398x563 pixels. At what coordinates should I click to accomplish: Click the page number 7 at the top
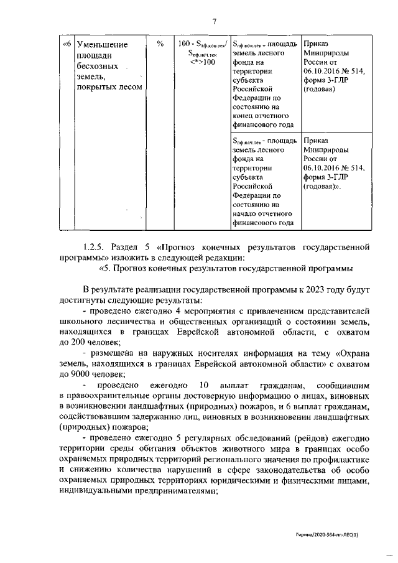(213, 23)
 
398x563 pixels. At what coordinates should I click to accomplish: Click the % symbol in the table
(160, 44)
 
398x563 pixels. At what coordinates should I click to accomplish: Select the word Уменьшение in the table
(101, 45)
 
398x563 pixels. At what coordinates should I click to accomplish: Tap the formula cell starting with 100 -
(201, 53)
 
